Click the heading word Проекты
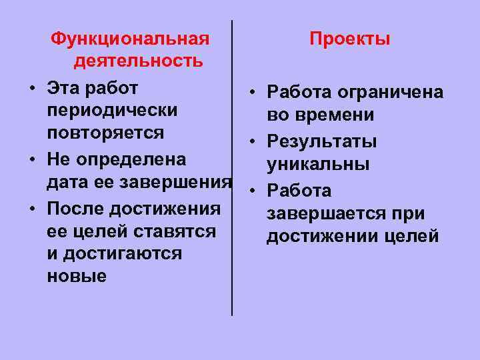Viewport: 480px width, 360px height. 350,39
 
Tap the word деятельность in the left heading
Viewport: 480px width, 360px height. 139,62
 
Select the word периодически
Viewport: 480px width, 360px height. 112,109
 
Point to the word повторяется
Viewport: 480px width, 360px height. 105,132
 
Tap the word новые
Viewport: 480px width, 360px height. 77,276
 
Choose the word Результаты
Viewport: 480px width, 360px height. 321,141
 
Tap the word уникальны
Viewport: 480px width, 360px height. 317,164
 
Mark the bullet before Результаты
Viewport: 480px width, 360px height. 254,142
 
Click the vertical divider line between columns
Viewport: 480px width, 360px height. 232,167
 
